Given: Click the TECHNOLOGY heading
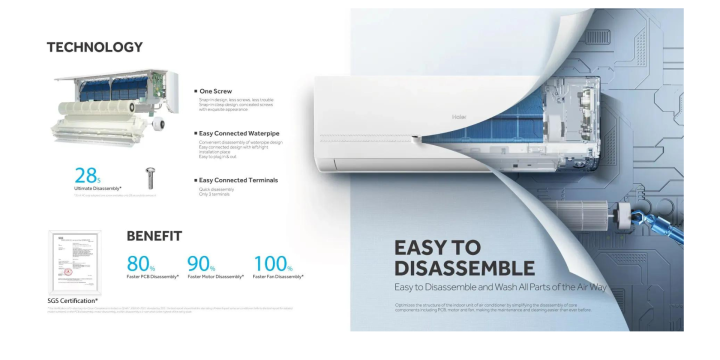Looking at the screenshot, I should pyautogui.click(x=95, y=47).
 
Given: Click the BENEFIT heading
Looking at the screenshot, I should pyautogui.click(x=154, y=236).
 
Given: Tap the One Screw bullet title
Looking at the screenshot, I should pyautogui.click(x=216, y=91).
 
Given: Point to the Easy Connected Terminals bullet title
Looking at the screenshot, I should pyautogui.click(x=239, y=180).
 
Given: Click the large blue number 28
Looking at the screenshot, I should pyautogui.click(x=88, y=172).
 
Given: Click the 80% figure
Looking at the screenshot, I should pyautogui.click(x=140, y=262).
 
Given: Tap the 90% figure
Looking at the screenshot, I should pyautogui.click(x=202, y=262).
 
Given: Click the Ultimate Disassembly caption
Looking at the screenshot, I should pyautogui.click(x=98, y=188).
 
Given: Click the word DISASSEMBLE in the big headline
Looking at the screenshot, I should pyautogui.click(x=464, y=268).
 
